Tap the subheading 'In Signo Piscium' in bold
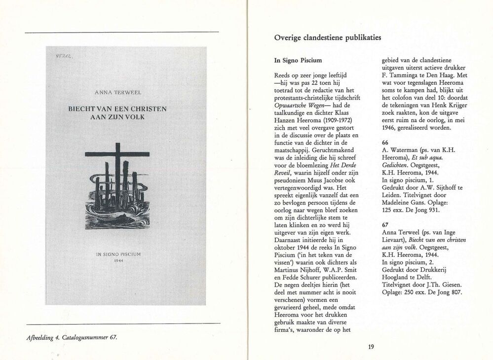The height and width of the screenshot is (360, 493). click(298, 61)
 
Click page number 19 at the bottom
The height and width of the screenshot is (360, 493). click(371, 346)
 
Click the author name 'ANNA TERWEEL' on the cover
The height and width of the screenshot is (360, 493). click(118, 92)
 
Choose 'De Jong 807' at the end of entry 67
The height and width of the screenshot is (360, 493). click(442, 292)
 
